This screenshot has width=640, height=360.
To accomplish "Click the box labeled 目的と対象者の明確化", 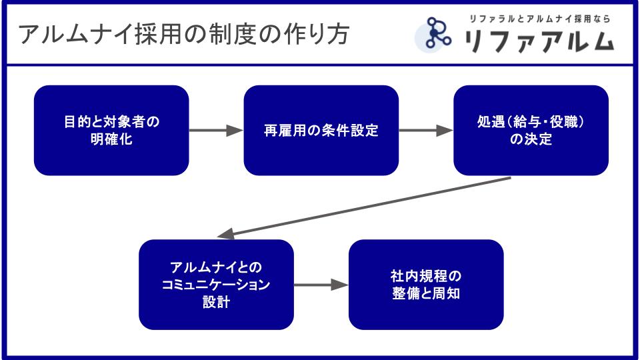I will (x=111, y=131).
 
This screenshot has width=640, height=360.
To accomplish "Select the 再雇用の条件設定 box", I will (x=321, y=131).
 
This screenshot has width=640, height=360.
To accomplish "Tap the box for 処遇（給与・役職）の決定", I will (x=531, y=131).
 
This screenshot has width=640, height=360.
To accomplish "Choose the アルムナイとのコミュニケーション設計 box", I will (x=216, y=285).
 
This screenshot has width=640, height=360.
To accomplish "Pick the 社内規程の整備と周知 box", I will (x=426, y=285).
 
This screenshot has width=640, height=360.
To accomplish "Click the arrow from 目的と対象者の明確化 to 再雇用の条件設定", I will (x=216, y=131).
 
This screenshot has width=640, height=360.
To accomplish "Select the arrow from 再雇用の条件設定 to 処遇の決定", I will (x=426, y=131).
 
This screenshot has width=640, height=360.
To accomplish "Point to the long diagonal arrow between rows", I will (x=363, y=207).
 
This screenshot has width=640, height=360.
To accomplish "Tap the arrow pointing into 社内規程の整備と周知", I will (x=321, y=285).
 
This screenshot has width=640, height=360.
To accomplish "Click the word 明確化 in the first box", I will (x=111, y=139).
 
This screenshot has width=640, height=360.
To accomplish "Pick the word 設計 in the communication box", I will (x=216, y=301).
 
